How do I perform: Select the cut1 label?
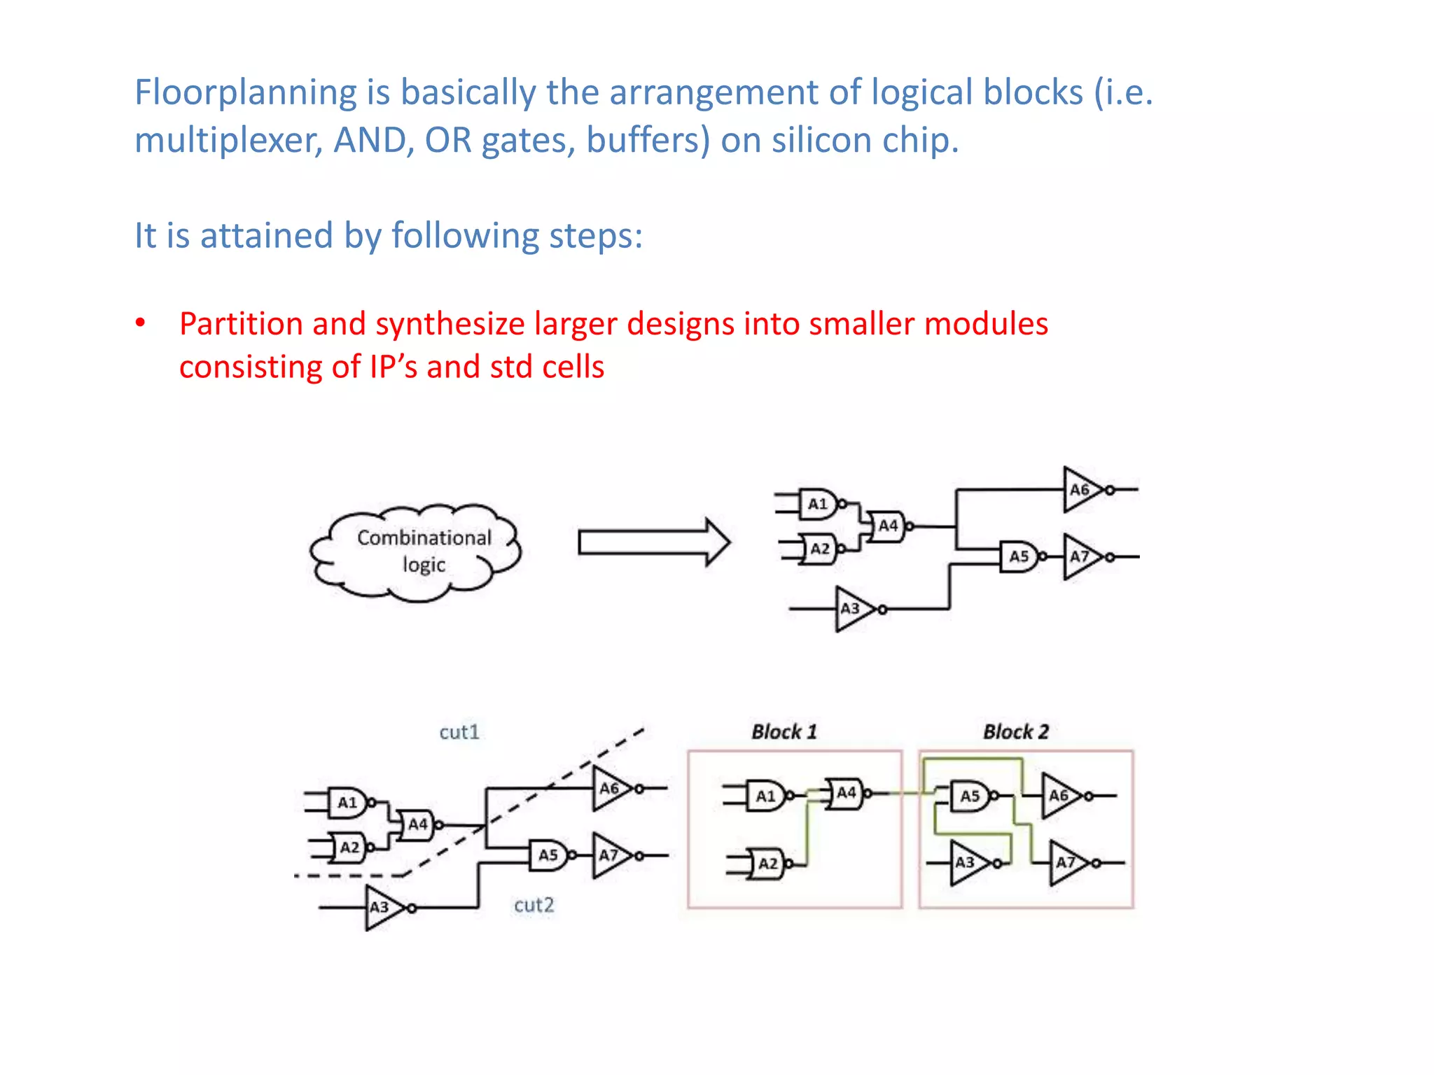tap(459, 732)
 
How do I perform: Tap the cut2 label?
tap(534, 905)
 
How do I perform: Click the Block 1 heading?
tap(784, 732)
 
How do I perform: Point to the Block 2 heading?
tap(1016, 732)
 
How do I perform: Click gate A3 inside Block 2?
tap(968, 863)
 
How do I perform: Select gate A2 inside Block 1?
tap(767, 864)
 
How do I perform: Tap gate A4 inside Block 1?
tap(846, 793)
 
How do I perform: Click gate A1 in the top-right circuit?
tap(818, 504)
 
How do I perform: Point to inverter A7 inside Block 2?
tap(1067, 863)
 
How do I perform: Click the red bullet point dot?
tap(141, 323)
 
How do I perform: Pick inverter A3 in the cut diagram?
tap(382, 908)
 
